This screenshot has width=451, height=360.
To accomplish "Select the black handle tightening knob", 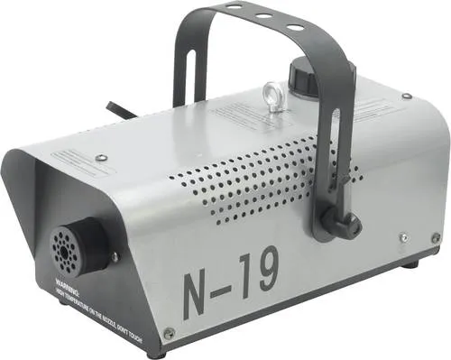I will [345, 222].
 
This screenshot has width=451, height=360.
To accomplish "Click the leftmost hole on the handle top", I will [234, 7].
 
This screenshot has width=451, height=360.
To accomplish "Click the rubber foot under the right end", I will [410, 264].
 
